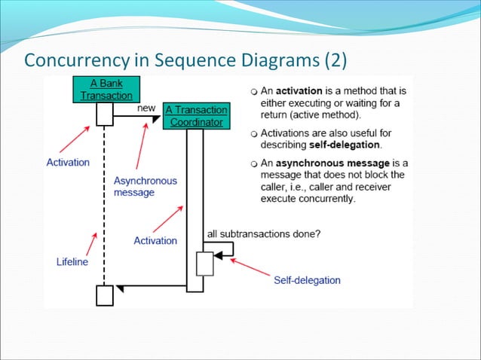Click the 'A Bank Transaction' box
106,89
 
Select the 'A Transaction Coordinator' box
195,116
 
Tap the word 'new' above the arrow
146,108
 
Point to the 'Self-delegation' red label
307,280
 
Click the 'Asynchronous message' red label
146,186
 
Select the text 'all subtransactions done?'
264,233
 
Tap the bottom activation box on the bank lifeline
105,295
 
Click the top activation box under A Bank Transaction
105,114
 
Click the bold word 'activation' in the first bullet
308,90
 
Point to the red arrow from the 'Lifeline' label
90,243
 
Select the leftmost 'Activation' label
67,162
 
